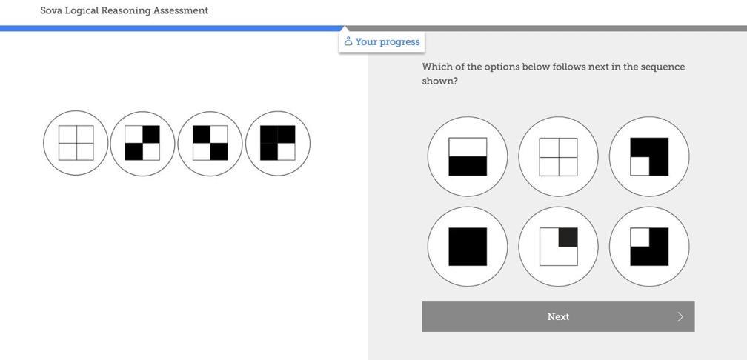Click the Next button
pyautogui.click(x=558, y=317)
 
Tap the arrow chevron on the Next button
pyautogui.click(x=680, y=317)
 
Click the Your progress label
pyautogui.click(x=388, y=42)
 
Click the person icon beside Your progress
pyautogui.click(x=348, y=41)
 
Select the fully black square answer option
pyautogui.click(x=468, y=247)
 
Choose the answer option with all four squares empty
pyautogui.click(x=558, y=157)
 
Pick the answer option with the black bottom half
pyautogui.click(x=468, y=157)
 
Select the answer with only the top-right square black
pyautogui.click(x=558, y=247)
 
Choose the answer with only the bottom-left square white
pyautogui.click(x=649, y=157)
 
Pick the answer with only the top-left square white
pyautogui.click(x=649, y=247)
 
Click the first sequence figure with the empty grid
pyautogui.click(x=76, y=143)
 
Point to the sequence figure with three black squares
pyautogui.click(x=278, y=143)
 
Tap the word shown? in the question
pyautogui.click(x=439, y=81)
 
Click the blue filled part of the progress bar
pyautogui.click(x=171, y=29)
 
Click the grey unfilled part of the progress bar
pyautogui.click(x=546, y=29)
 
